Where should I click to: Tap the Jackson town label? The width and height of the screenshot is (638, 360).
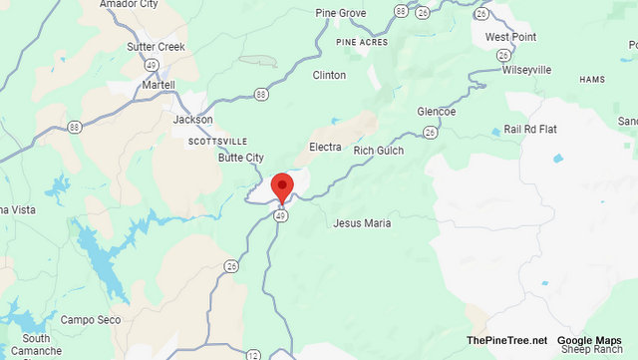tap(192, 120)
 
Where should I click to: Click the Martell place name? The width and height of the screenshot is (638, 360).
tap(158, 85)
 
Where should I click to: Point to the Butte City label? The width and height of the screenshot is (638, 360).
tap(241, 158)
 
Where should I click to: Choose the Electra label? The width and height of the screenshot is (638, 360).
tap(325, 148)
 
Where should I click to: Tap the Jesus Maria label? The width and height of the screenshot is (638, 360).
tap(363, 223)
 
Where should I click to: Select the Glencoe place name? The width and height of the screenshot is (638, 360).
tap(436, 112)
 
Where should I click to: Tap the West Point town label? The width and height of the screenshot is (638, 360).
tap(510, 37)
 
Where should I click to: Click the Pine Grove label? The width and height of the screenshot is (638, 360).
tap(340, 13)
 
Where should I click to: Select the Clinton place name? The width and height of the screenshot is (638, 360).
tap(329, 75)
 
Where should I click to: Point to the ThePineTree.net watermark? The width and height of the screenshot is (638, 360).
tap(506, 340)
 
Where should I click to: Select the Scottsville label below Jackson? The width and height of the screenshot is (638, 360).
tap(217, 142)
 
